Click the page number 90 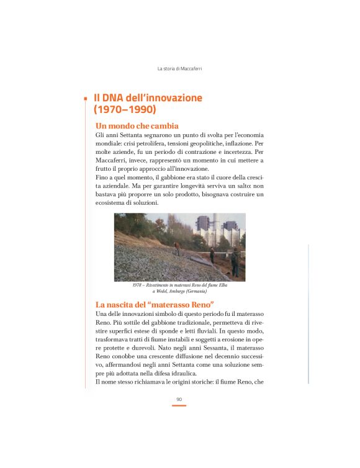pos(179,399)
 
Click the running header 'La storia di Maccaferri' pos(179,68)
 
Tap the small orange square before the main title pos(85,98)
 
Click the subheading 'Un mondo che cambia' pos(137,125)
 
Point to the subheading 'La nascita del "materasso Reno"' pos(155,305)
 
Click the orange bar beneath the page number pos(179,405)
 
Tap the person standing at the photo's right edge pos(235,261)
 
